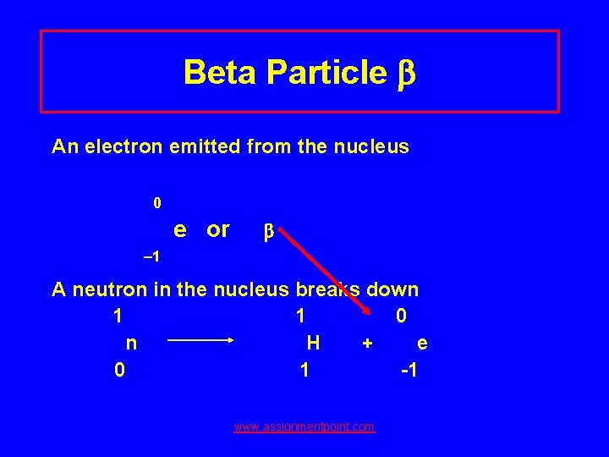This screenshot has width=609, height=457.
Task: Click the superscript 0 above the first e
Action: pyautogui.click(x=156, y=203)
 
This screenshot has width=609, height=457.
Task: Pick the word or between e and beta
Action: pyautogui.click(x=218, y=229)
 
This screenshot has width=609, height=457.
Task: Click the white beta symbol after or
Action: pyautogui.click(x=268, y=231)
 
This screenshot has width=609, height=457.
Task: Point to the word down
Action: pyautogui.click(x=392, y=290)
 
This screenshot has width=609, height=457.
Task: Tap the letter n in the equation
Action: pyautogui.click(x=131, y=343)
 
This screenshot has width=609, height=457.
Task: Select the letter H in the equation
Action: pyautogui.click(x=313, y=343)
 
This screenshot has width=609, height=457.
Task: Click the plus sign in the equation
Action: pyautogui.click(x=367, y=344)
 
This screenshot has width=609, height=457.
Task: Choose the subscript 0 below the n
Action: pyautogui.click(x=120, y=371)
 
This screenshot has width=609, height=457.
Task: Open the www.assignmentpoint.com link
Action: pyautogui.click(x=304, y=427)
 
